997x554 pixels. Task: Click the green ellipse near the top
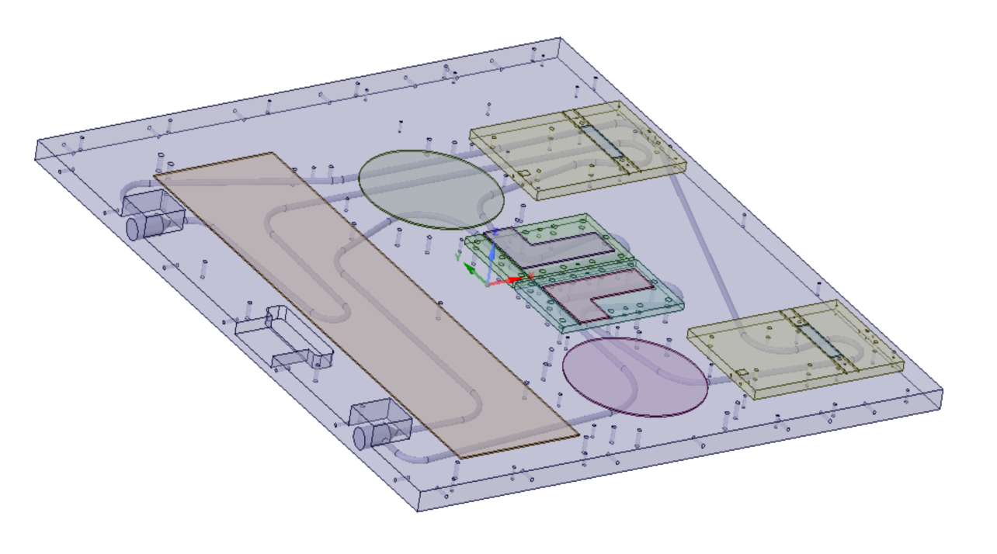tap(431, 189)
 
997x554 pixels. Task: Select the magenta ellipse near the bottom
tap(634, 376)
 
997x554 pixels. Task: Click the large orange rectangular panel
tap(365, 303)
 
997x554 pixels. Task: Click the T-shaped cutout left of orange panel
tap(284, 338)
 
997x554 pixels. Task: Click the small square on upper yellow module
tap(524, 173)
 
